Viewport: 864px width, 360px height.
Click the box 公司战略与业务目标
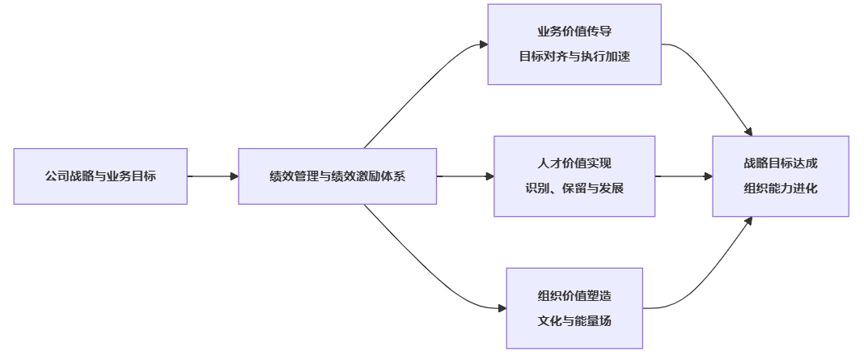[100, 176]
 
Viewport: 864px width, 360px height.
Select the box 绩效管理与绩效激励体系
[337, 176]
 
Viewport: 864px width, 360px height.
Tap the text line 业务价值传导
[574, 32]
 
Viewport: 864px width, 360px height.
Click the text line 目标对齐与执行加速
[574, 57]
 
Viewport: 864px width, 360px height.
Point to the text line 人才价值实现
[574, 163]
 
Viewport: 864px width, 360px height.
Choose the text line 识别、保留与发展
[574, 188]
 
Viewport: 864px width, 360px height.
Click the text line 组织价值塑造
[574, 295]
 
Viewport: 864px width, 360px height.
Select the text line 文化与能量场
[574, 320]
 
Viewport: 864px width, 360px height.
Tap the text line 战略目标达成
[781, 163]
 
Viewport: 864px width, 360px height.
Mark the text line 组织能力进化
[781, 188]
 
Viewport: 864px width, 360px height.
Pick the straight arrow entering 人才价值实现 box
[465, 176]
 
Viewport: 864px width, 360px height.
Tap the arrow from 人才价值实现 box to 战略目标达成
[684, 176]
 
